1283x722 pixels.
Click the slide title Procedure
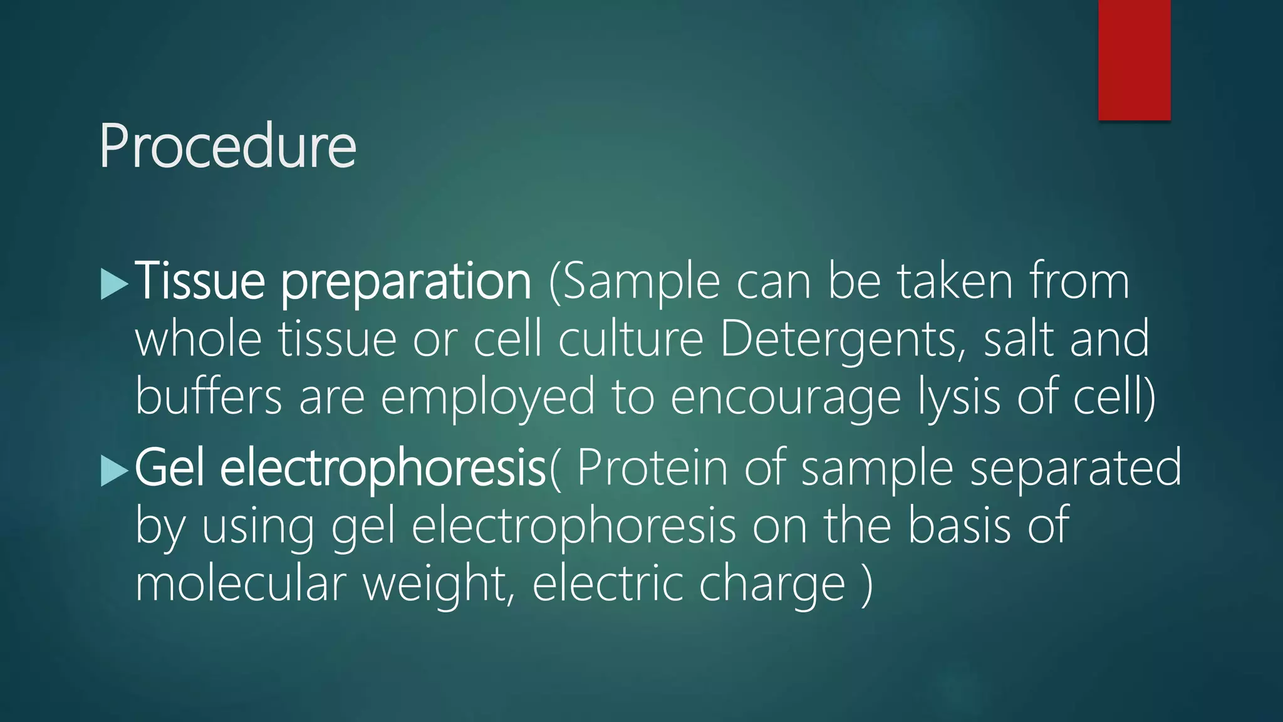(x=227, y=147)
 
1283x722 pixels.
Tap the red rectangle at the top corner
(x=1134, y=60)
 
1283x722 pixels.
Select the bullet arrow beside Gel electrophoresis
(x=114, y=471)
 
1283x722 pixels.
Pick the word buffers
(x=209, y=397)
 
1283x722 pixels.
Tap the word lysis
(x=958, y=397)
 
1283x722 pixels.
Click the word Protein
(x=652, y=468)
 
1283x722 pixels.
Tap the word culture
(x=630, y=340)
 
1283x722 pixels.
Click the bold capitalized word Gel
(x=170, y=468)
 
